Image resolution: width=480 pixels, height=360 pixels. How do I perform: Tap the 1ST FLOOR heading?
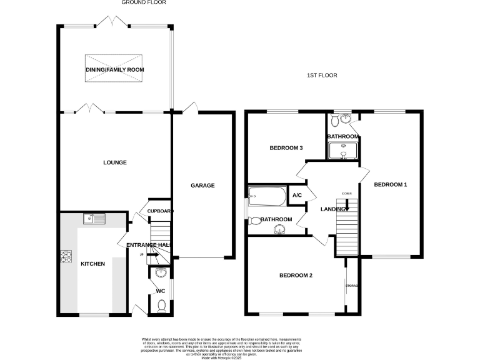pos(322,76)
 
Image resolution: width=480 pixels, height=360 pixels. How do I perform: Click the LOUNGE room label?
pos(115,162)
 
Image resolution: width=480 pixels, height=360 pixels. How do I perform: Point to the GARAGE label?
pos(202,186)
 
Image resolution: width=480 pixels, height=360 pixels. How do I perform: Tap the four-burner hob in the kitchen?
pos(66,256)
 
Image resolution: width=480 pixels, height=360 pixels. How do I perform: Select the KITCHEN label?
pos(92,264)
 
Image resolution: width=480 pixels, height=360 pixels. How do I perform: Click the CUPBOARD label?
pos(159,211)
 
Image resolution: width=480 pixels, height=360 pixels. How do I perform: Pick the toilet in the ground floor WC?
pos(162,305)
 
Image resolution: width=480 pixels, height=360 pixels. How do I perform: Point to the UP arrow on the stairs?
pos(149,255)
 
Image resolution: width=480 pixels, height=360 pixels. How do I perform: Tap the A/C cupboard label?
pos(297,196)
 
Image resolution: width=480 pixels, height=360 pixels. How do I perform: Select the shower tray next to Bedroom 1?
pos(342,151)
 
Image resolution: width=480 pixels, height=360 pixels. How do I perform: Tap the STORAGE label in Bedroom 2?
pos(352,286)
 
